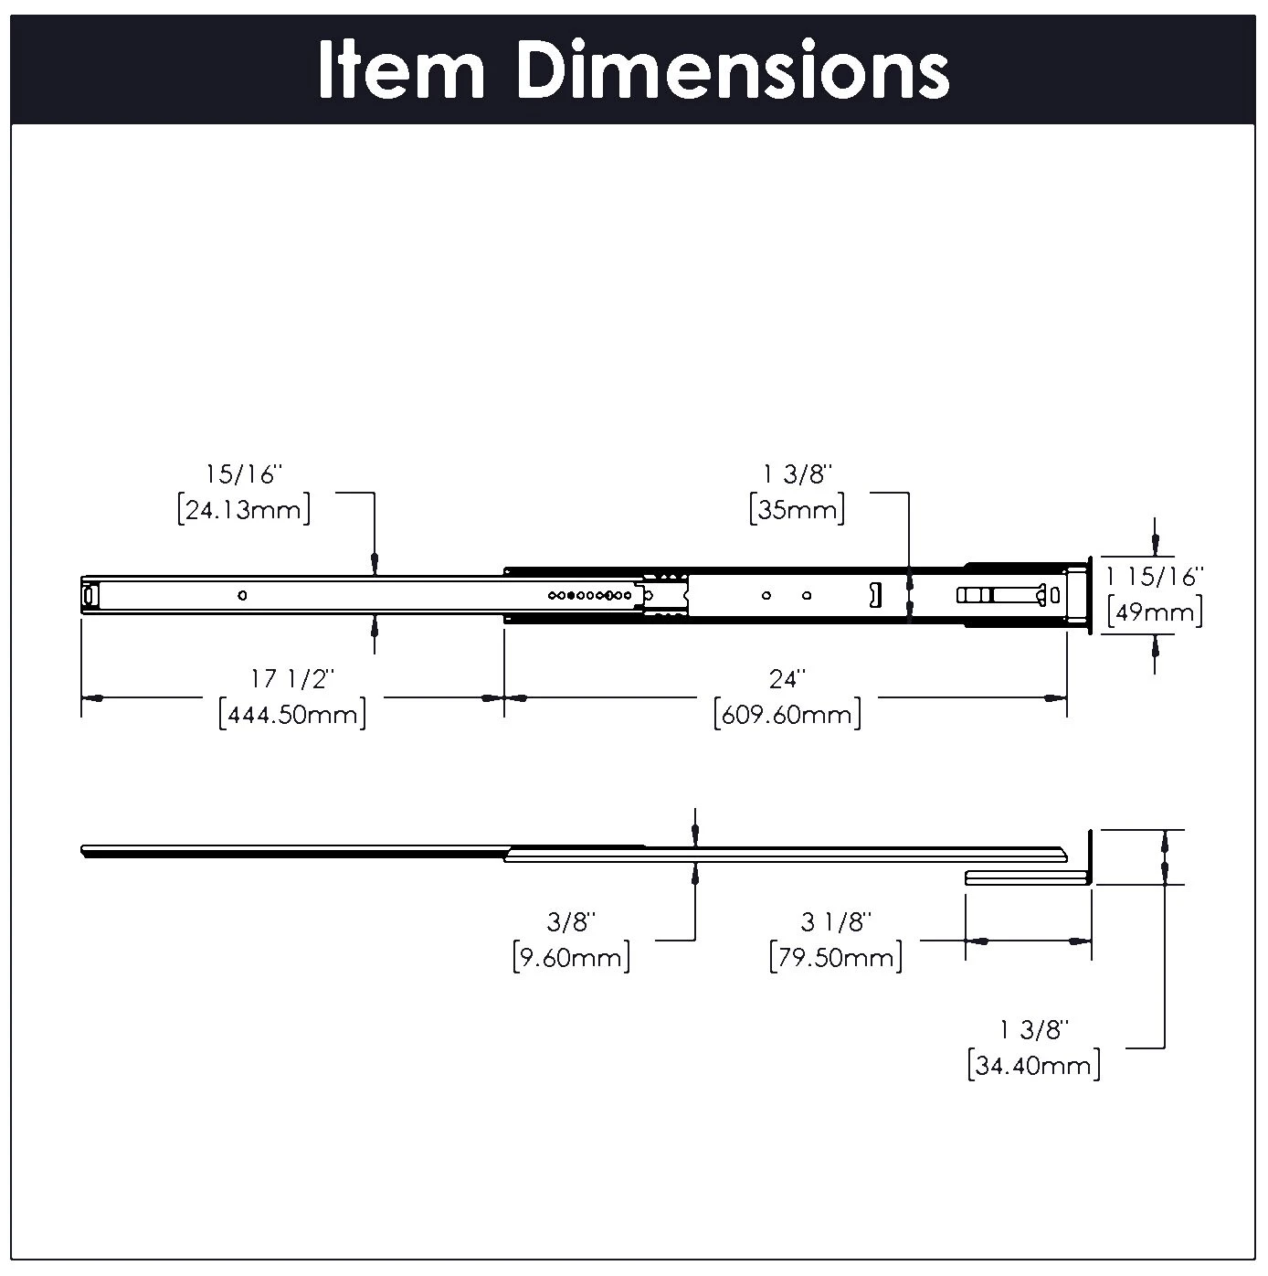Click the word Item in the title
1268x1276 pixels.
pyautogui.click(x=401, y=70)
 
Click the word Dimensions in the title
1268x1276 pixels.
pyautogui.click(x=733, y=70)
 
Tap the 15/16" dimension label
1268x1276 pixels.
pyautogui.click(x=244, y=474)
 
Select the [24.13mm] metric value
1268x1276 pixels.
pyautogui.click(x=244, y=509)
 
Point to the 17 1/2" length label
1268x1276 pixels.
pyautogui.click(x=292, y=679)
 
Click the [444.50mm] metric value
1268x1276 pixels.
pyautogui.click(x=292, y=713)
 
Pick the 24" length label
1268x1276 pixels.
pyautogui.click(x=787, y=679)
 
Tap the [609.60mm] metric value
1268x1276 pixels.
pyautogui.click(x=787, y=713)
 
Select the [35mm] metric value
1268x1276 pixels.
pyautogui.click(x=797, y=509)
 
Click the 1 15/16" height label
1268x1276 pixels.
pyautogui.click(x=1155, y=577)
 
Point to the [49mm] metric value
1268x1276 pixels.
pyautogui.click(x=1155, y=611)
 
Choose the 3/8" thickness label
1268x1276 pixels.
pyautogui.click(x=572, y=922)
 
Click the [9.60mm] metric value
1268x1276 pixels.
pyautogui.click(x=572, y=957)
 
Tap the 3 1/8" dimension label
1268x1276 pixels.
pyautogui.click(x=836, y=922)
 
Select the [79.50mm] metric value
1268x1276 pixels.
pyautogui.click(x=836, y=957)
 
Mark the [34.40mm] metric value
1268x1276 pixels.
pyautogui.click(x=1033, y=1065)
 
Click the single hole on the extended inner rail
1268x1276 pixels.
pyautogui.click(x=242, y=596)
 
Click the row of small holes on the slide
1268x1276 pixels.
pyautogui.click(x=590, y=596)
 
